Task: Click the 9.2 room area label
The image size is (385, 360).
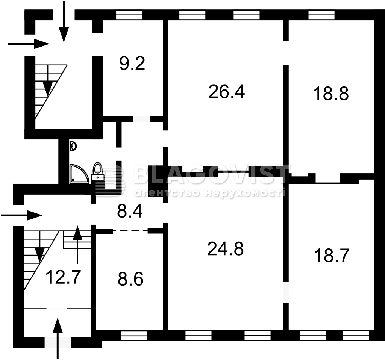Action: (x=132, y=63)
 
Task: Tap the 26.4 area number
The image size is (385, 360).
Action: (x=226, y=92)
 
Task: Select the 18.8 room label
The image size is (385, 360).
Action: (x=331, y=94)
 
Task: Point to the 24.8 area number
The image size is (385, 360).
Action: (x=226, y=249)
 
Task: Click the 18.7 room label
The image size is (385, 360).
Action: (x=332, y=256)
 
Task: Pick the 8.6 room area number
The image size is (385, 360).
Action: (x=130, y=279)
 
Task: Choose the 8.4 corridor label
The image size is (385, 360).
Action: (x=130, y=212)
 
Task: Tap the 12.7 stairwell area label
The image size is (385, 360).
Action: (x=63, y=277)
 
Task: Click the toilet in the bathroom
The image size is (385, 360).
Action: (x=98, y=172)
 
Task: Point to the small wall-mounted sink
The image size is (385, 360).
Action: (x=73, y=146)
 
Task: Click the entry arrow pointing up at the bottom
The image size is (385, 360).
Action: (x=58, y=338)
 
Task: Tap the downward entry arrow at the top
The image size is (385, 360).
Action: (x=64, y=21)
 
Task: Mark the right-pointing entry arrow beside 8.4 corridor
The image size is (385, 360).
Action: (x=21, y=216)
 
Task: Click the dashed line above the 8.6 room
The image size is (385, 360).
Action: (x=130, y=230)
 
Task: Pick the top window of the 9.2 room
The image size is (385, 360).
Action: (x=129, y=15)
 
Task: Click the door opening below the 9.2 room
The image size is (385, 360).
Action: (x=142, y=119)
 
